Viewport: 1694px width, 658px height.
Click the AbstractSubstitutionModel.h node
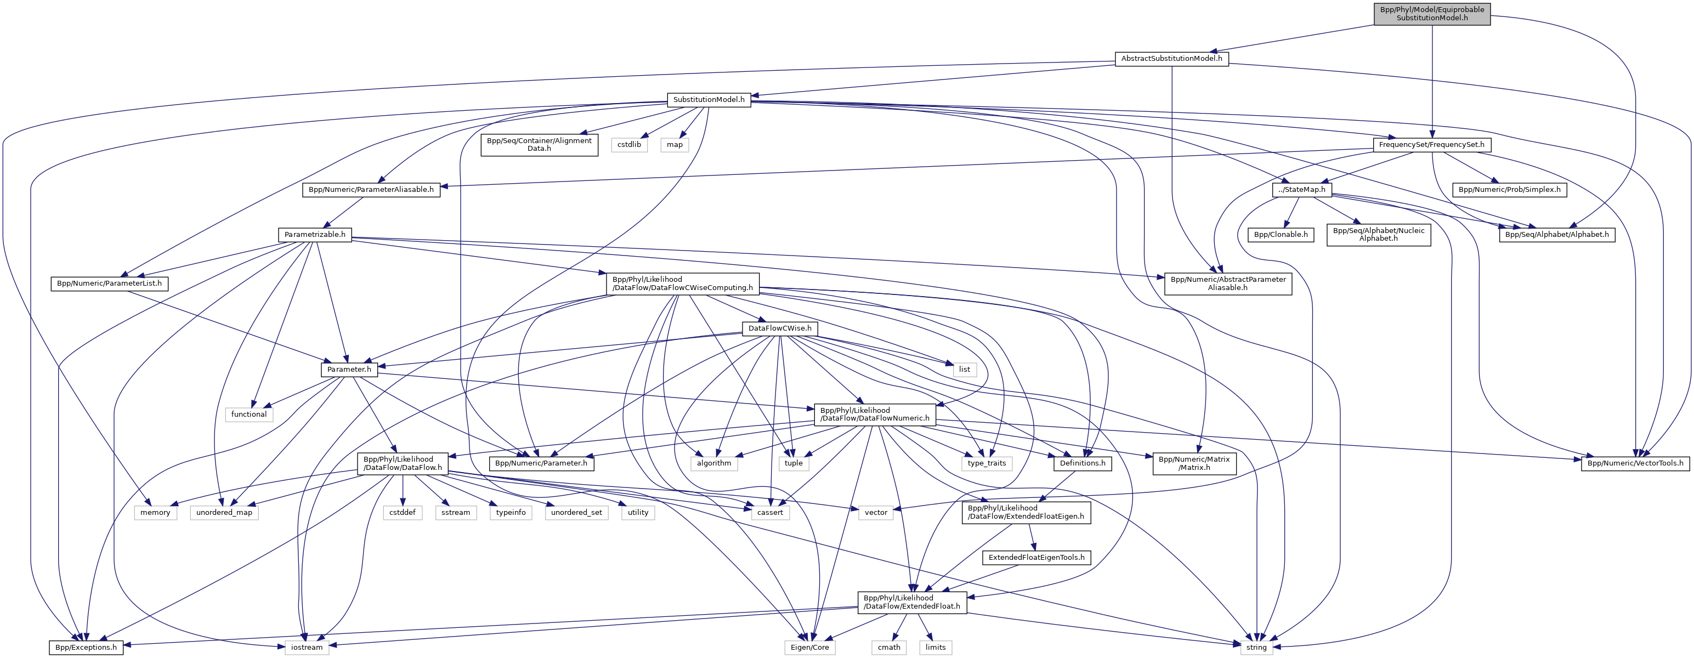click(x=1171, y=59)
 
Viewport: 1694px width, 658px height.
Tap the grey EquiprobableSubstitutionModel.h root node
click(x=1432, y=14)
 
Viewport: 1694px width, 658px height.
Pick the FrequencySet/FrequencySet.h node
click(x=1431, y=145)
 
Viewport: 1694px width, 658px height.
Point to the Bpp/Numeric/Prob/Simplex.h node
click(x=1509, y=190)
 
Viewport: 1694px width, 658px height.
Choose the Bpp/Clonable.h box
click(x=1281, y=235)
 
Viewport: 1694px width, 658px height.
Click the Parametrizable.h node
click(x=314, y=235)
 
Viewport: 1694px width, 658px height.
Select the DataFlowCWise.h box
click(x=779, y=328)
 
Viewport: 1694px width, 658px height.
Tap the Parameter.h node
click(x=349, y=370)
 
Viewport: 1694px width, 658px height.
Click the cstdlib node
click(x=628, y=145)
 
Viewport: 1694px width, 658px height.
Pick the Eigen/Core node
click(x=809, y=648)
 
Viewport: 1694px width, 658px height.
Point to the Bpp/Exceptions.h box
click(x=86, y=648)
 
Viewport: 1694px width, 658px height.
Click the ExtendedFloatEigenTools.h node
click(x=1036, y=558)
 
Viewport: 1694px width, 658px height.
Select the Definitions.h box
click(x=1083, y=463)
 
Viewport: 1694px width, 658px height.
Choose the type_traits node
click(x=987, y=463)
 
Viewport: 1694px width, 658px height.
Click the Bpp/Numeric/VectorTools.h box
click(x=1635, y=463)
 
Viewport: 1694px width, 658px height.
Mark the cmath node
click(x=889, y=648)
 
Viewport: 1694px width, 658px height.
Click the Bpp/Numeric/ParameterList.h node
click(x=109, y=284)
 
